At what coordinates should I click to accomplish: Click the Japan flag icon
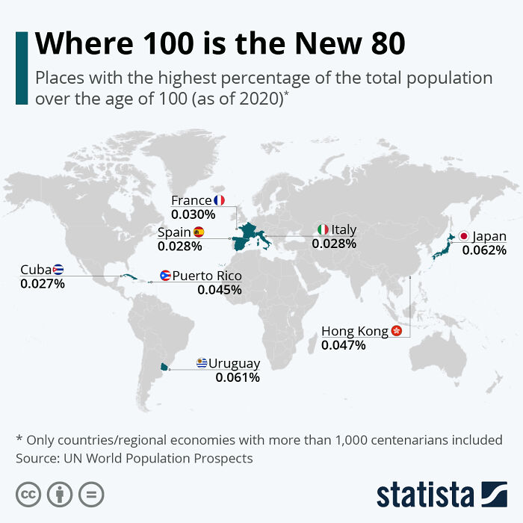pos(464,237)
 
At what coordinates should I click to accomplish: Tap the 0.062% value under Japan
pos(484,250)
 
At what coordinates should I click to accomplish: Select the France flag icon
pos(219,200)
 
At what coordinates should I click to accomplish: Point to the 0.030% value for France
pos(193,214)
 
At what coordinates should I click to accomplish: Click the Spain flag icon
pos(199,232)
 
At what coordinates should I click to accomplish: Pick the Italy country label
pos(344,229)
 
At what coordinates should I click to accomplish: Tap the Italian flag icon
pos(323,229)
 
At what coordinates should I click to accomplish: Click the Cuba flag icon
pos(58,270)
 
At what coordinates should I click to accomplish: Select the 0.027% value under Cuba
pos(43,284)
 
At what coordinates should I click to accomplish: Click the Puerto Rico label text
pos(207,276)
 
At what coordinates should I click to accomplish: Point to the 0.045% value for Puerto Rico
pos(220,290)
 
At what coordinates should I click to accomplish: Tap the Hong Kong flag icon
pos(397,331)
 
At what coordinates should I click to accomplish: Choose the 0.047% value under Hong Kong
pos(344,345)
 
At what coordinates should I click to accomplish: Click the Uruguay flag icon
pos(201,364)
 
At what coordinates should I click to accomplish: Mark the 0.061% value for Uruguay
pos(238,378)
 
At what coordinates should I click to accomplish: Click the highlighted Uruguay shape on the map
pos(164,367)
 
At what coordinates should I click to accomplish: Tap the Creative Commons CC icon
pos(28,494)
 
